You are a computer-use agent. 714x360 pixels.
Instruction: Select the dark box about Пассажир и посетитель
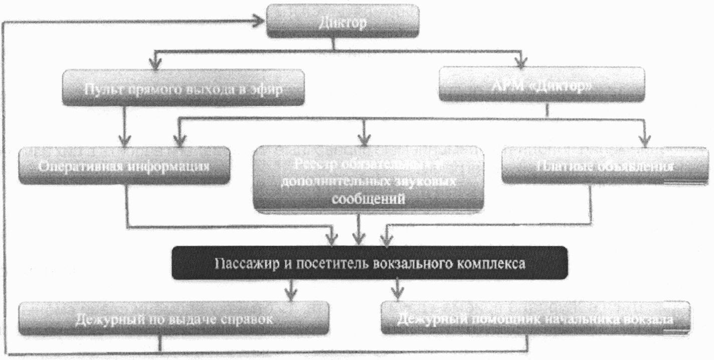[371, 263]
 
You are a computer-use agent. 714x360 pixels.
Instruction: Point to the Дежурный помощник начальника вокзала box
[535, 318]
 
